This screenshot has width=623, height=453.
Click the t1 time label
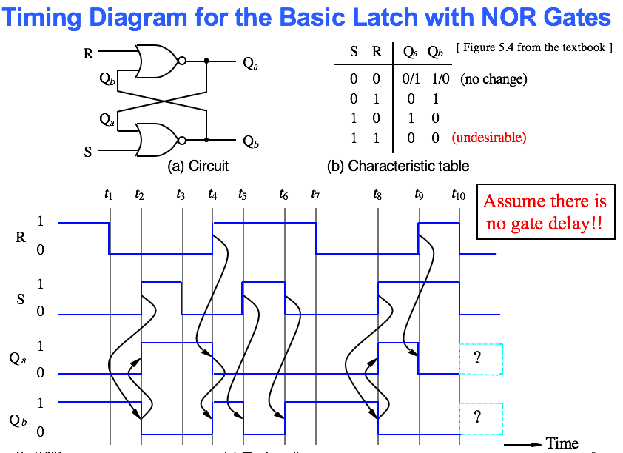click(109, 195)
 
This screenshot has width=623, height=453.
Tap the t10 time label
click(459, 195)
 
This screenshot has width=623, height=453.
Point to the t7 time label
click(315, 195)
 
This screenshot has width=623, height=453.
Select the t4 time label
click(213, 195)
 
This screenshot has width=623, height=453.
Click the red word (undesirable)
click(489, 137)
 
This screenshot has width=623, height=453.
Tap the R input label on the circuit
click(89, 53)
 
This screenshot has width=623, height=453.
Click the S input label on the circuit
click(89, 152)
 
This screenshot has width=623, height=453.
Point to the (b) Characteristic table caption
click(398, 167)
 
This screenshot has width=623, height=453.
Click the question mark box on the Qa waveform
click(481, 359)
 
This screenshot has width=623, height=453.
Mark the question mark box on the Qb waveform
click(481, 417)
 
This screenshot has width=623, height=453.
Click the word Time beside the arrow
click(562, 443)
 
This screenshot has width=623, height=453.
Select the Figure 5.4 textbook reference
click(535, 48)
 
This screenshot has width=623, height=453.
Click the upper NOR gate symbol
click(157, 61)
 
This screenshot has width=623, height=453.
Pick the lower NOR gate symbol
click(157, 139)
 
